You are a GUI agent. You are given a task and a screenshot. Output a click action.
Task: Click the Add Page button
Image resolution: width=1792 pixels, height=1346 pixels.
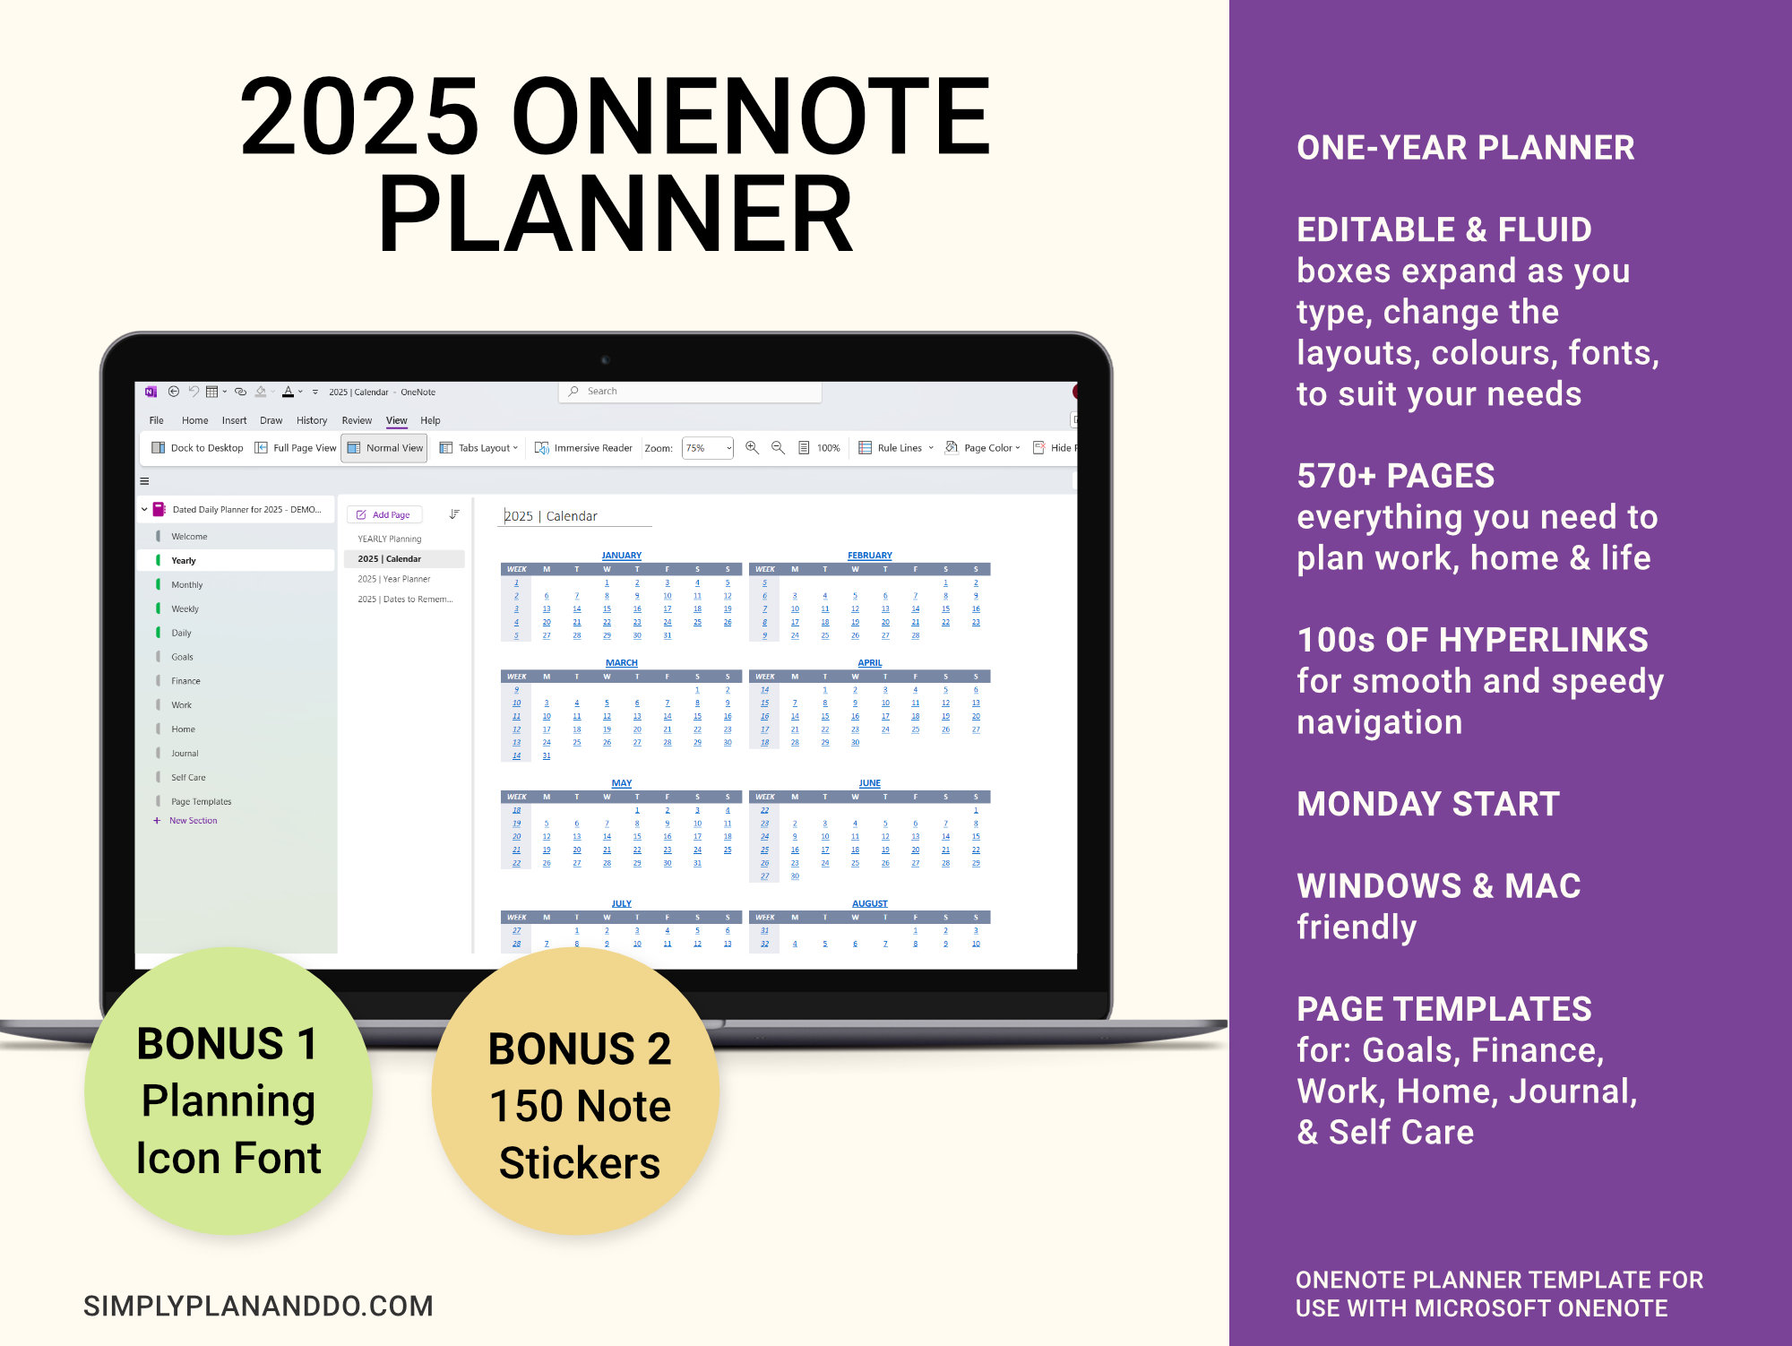[x=384, y=515]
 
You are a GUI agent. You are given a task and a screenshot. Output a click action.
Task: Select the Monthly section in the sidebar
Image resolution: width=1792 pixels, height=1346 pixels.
[x=186, y=585]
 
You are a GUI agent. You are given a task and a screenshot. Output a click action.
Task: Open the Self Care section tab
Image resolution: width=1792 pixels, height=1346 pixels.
[x=188, y=778]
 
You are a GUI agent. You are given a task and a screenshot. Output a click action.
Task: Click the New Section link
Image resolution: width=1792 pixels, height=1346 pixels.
[x=193, y=821]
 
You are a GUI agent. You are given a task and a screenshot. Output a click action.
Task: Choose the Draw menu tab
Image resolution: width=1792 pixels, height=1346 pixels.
[x=271, y=420]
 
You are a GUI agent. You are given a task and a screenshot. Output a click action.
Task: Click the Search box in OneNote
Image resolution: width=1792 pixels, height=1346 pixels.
[x=690, y=392]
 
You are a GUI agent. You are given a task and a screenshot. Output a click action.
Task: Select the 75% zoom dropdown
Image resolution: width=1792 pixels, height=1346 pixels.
[x=708, y=448]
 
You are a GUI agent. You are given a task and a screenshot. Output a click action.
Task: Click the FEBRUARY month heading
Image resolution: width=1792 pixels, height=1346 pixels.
[x=869, y=556]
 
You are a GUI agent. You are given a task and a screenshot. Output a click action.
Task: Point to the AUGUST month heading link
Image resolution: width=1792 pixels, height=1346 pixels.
[x=869, y=903]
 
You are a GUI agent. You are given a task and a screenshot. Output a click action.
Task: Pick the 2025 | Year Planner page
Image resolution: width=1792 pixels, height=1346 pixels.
[x=394, y=579]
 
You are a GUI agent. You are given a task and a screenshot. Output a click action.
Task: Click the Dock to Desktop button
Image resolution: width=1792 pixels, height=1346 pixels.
[x=198, y=448]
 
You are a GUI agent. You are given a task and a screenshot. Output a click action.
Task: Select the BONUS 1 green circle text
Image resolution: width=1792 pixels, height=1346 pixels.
[x=227, y=1044]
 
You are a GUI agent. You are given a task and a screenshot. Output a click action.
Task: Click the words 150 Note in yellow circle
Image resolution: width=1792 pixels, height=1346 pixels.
[x=580, y=1106]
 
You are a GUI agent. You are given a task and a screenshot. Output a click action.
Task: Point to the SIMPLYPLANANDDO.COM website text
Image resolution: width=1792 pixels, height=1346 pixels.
[x=258, y=1306]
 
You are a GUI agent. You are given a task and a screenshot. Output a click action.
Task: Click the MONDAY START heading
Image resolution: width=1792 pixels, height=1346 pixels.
[x=1428, y=804]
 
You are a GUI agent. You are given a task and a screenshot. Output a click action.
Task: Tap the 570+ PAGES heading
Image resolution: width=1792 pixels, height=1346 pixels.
[x=1395, y=476]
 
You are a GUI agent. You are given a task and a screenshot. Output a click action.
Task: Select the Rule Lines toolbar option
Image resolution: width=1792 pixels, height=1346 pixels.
[x=897, y=448]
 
